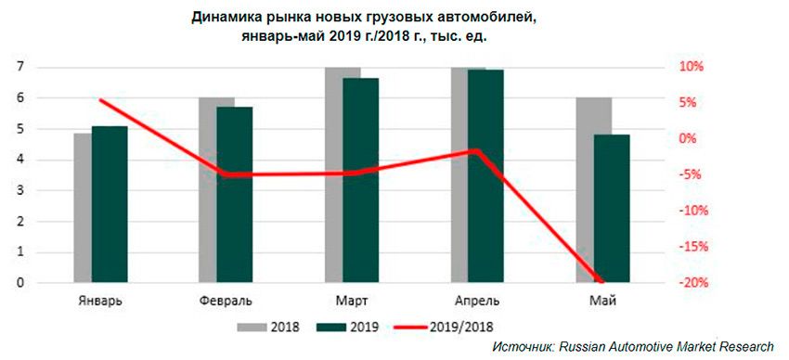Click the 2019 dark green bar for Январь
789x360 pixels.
tap(110, 204)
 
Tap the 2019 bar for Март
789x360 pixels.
tap(360, 180)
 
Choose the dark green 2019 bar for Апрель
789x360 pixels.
tap(485, 176)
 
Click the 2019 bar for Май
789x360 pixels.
tap(611, 209)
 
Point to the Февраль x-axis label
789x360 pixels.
tap(225, 301)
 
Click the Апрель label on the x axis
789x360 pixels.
tap(477, 301)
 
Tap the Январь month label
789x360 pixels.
tap(98, 301)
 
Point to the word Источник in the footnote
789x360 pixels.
tap(522, 346)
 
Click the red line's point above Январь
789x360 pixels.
tap(100, 100)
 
